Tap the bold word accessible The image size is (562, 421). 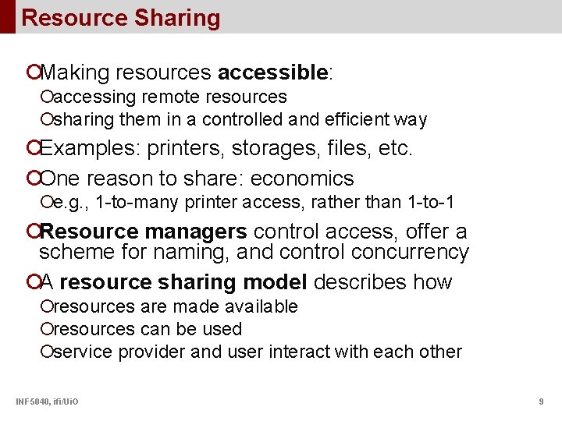[x=272, y=73]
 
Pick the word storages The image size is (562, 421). [x=271, y=148]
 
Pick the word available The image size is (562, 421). [x=260, y=306]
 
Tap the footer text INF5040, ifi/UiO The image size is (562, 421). [x=46, y=402]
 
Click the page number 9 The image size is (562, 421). [x=541, y=402]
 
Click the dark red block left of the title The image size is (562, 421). [x=7, y=16]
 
